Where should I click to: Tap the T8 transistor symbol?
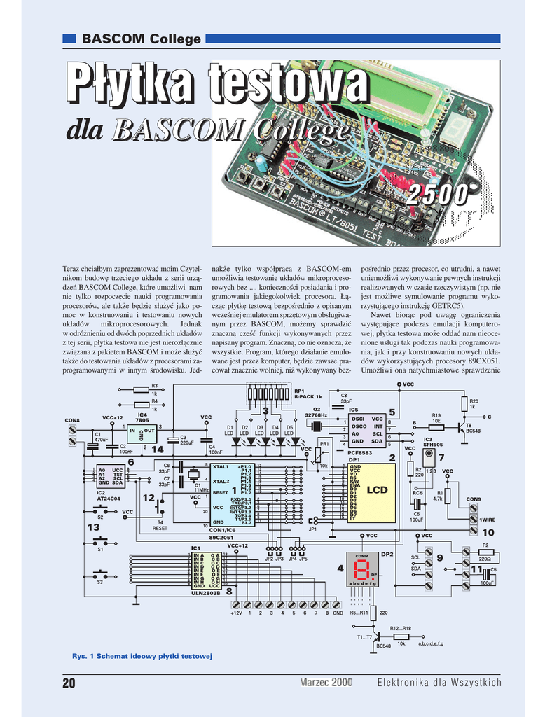point(461,426)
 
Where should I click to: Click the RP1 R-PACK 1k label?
point(308,394)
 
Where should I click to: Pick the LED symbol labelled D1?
point(229,441)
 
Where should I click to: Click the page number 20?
point(69,683)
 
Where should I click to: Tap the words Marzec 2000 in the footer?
point(326,683)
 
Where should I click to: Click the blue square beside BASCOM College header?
point(69,39)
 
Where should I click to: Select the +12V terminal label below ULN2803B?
point(236,613)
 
